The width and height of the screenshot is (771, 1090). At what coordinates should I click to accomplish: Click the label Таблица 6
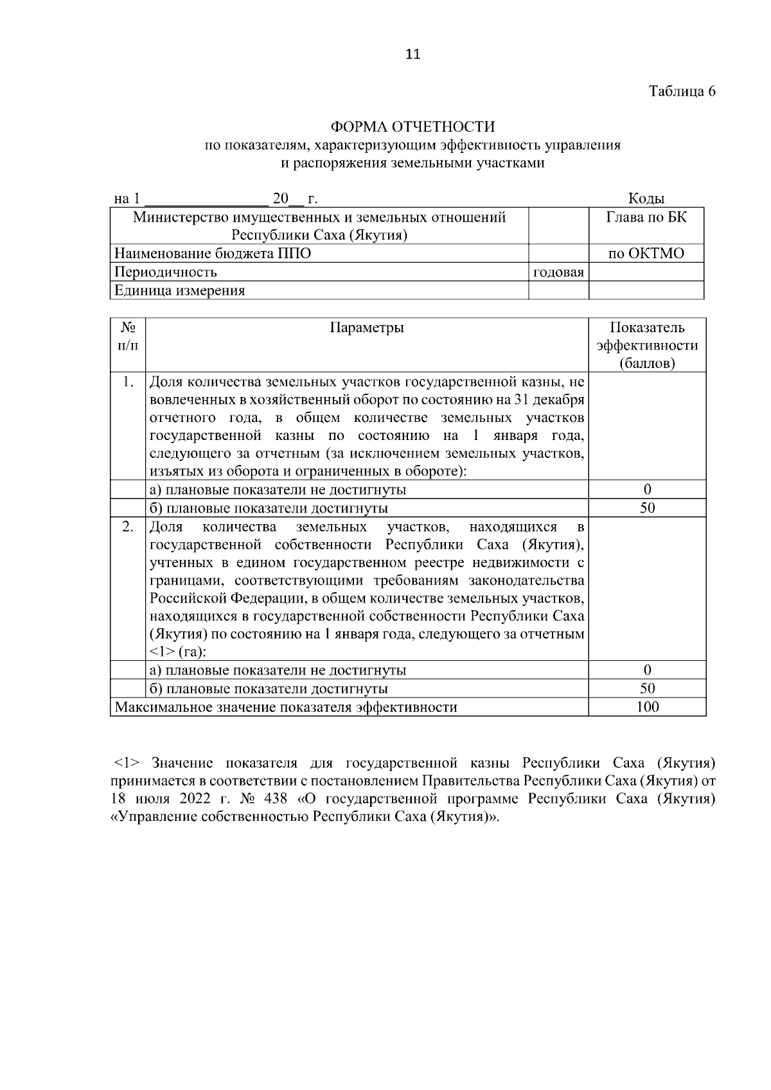(x=682, y=91)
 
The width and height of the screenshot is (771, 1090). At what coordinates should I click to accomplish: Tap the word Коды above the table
(x=646, y=199)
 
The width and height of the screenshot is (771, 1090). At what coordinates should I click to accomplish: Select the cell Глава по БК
(x=646, y=217)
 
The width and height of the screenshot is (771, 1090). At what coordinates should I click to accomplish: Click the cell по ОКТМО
(x=646, y=254)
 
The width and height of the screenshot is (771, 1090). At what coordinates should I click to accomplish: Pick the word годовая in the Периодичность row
(x=558, y=272)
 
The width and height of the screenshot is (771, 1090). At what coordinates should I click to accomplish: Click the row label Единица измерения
(x=180, y=291)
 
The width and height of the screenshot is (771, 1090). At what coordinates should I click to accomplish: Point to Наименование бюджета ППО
(x=213, y=254)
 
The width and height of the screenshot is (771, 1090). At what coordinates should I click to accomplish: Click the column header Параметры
(x=367, y=328)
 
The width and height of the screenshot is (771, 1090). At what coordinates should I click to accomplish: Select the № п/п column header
(x=128, y=337)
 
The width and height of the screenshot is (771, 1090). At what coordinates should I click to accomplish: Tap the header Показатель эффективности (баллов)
(x=647, y=346)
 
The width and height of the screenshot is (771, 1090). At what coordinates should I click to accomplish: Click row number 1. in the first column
(x=128, y=383)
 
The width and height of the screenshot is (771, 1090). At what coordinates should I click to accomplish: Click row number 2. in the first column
(x=128, y=527)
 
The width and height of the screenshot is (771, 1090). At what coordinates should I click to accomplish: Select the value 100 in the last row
(x=647, y=708)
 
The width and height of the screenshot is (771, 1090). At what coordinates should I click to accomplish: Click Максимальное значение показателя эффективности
(x=286, y=708)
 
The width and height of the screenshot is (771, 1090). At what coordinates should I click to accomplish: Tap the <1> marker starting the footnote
(x=127, y=764)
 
